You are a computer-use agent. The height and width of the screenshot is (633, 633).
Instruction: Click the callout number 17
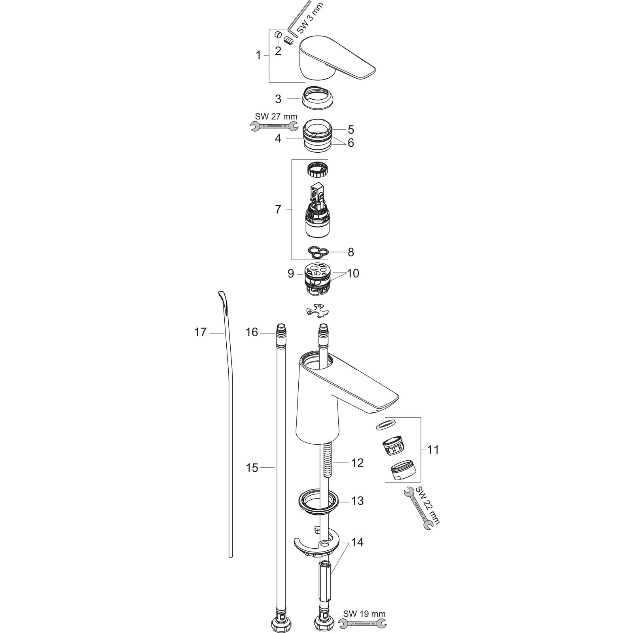coord(200,332)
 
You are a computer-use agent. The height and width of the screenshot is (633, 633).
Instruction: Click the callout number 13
coord(357,501)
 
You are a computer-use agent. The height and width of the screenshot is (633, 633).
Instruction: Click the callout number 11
coord(433,450)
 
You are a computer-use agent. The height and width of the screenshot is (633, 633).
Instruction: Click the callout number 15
coord(252,468)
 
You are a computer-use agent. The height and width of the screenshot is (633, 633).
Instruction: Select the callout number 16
coord(252,332)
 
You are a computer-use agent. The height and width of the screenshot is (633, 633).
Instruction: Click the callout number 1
coord(258,55)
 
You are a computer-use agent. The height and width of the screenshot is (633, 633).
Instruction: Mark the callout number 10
coord(353,273)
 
